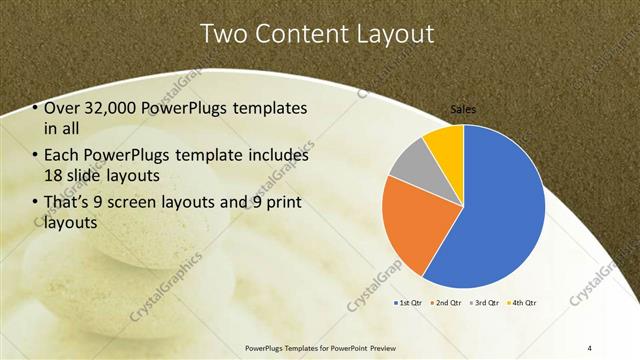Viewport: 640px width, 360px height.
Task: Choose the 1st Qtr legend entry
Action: pyautogui.click(x=411, y=302)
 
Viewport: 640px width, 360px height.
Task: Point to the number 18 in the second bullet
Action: pyautogui.click(x=53, y=176)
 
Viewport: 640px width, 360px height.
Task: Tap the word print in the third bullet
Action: pyautogui.click(x=286, y=204)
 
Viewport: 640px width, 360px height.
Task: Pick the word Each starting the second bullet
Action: pyautogui.click(x=61, y=156)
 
